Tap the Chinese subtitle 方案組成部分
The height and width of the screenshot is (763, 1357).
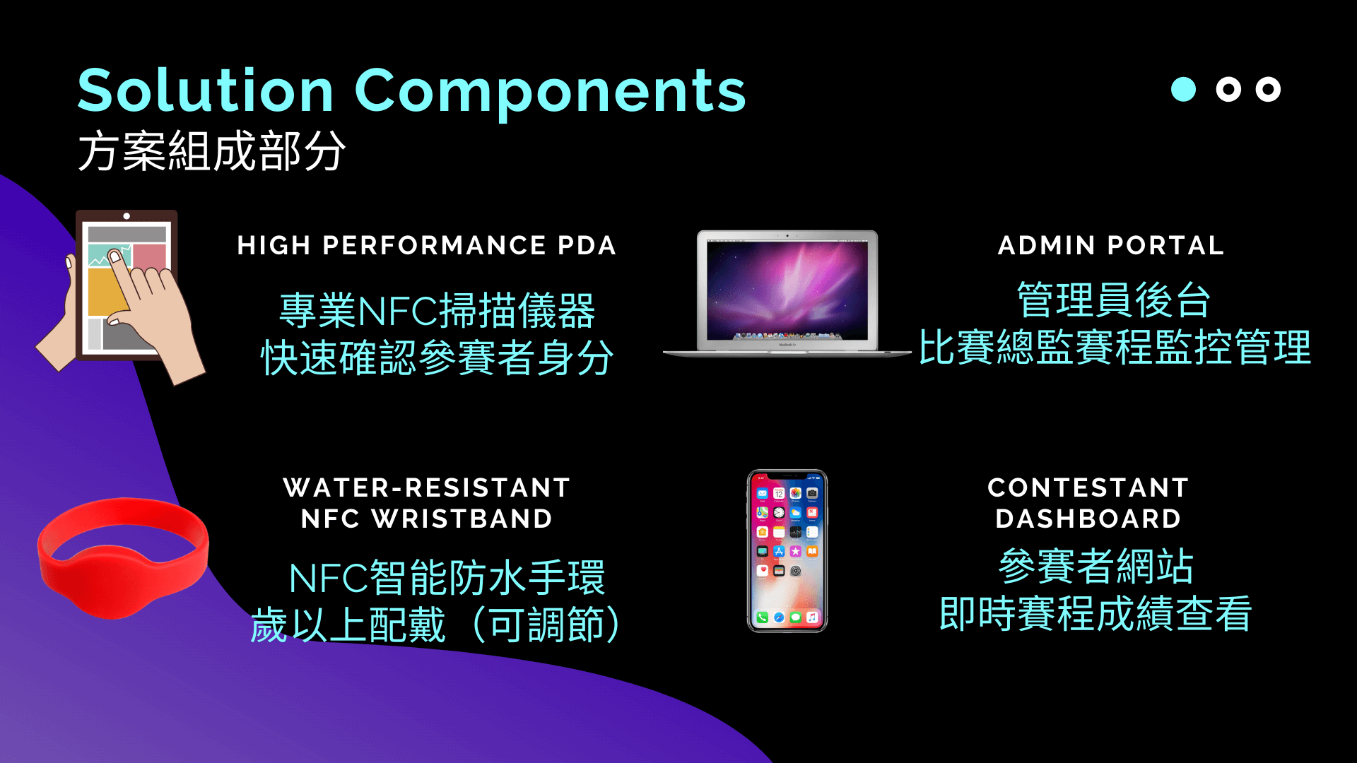point(211,151)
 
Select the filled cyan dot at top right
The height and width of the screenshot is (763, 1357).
point(1183,89)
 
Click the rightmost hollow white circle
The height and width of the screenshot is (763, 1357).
point(1268,89)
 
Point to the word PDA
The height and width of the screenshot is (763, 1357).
point(587,245)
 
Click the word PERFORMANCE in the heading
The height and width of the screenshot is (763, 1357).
point(434,245)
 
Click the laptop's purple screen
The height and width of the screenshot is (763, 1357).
point(787,289)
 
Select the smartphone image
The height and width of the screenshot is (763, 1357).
point(787,551)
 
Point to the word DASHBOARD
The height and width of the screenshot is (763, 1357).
point(1088,519)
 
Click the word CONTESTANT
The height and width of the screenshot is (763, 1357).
point(1088,487)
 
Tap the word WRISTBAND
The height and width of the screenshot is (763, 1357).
point(462,519)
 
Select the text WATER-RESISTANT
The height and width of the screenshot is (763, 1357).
point(427,487)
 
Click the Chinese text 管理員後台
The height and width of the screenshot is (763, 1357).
point(1114,300)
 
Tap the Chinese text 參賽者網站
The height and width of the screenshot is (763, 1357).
point(1096,566)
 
